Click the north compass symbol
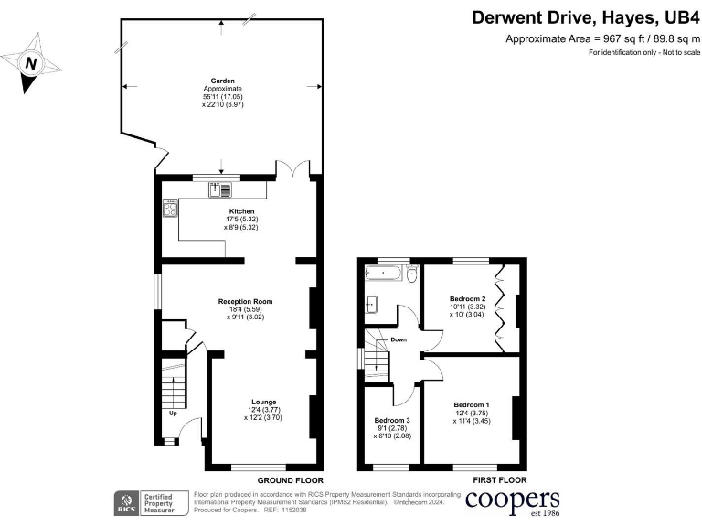click(32, 63)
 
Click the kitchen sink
click(220, 190)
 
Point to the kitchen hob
click(169, 210)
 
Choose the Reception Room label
click(245, 301)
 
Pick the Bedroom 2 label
click(466, 298)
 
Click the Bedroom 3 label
click(392, 421)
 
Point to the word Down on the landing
click(399, 339)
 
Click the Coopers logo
click(513, 500)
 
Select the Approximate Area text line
click(601, 38)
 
